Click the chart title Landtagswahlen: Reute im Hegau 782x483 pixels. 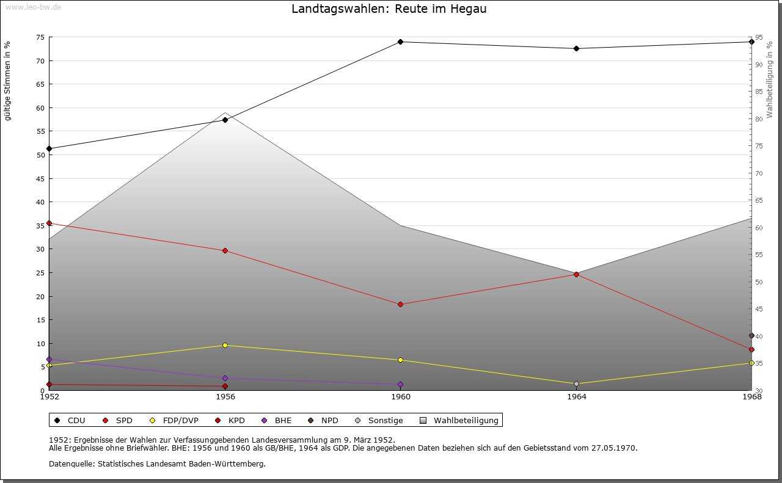[389, 9]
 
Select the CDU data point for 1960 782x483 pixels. [400, 42]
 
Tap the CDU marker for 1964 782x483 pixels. [576, 49]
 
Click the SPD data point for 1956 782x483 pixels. [225, 250]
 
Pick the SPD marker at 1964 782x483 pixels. [576, 274]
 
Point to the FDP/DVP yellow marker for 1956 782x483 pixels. [225, 345]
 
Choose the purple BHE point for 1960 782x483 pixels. [400, 384]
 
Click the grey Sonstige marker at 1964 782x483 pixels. [576, 383]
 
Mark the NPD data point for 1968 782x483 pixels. [751, 335]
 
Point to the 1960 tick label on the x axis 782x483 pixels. [400, 397]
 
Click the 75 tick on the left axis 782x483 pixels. [40, 37]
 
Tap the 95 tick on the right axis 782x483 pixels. [759, 37]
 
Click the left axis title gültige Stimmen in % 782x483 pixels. [7, 81]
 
